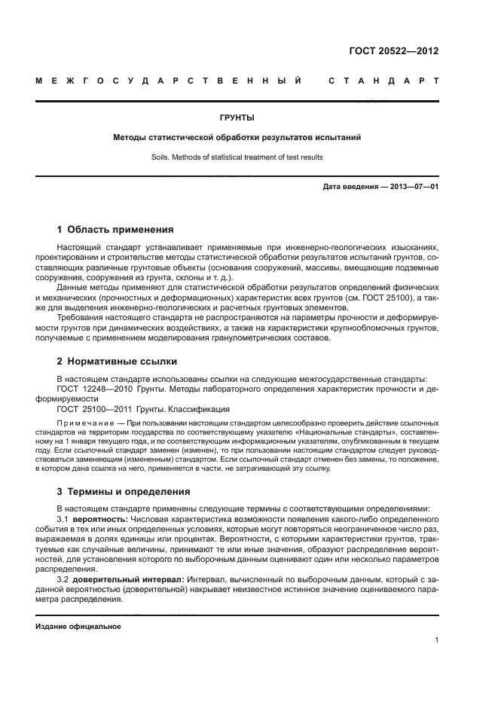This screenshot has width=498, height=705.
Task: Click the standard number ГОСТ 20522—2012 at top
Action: [x=393, y=51]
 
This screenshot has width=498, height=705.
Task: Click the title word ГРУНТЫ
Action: [x=237, y=117]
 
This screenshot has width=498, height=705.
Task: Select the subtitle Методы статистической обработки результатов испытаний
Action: [x=237, y=138]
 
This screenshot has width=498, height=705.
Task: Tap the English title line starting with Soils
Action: [x=237, y=157]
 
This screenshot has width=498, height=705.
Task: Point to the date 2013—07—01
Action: [x=412, y=186]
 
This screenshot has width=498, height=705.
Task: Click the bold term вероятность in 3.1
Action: [x=100, y=520]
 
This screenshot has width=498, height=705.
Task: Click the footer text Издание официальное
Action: [x=78, y=626]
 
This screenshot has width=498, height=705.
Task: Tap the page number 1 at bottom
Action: [x=436, y=640]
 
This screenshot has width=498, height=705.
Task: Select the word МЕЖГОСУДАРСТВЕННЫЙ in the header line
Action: [x=170, y=80]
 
